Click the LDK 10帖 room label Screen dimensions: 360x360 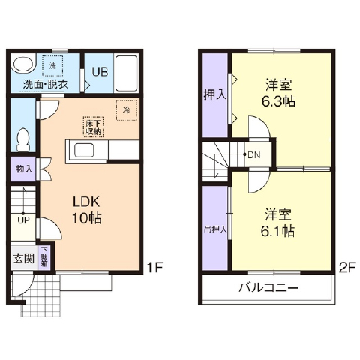coord(86,210)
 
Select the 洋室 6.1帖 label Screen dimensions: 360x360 coord(277,222)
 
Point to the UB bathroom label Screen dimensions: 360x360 coord(100,72)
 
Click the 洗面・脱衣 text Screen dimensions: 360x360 coord(45,83)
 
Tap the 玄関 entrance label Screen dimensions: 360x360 coord(22,259)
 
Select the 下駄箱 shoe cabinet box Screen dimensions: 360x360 coord(44,258)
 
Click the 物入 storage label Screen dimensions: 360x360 coord(23,169)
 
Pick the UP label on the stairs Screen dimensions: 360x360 coord(23,220)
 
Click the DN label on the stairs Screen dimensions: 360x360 coord(254,156)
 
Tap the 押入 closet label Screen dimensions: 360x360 coord(214,95)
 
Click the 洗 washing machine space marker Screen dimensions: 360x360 coord(52,65)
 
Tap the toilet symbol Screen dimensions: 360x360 coord(23,139)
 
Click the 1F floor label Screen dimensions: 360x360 coord(154,266)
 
